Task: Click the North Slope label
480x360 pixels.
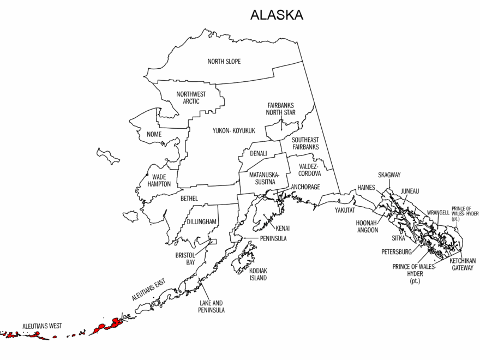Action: tap(224, 61)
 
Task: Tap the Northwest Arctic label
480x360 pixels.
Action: tap(191, 98)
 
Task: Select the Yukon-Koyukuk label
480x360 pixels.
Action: tap(234, 131)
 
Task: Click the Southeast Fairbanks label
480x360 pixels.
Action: tap(305, 143)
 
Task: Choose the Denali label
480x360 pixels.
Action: tap(259, 154)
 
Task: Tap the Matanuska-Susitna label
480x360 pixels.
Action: tap(264, 178)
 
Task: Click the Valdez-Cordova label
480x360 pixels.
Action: tap(309, 170)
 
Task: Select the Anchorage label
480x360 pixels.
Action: tap(305, 187)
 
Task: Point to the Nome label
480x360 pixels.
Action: tap(154, 135)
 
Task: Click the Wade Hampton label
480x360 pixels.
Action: tap(159, 181)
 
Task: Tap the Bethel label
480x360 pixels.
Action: tap(189, 199)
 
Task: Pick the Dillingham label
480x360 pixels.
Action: tap(202, 221)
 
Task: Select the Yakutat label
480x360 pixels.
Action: tap(345, 210)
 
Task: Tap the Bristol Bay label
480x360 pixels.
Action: tap(185, 259)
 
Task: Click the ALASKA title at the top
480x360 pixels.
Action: tap(276, 15)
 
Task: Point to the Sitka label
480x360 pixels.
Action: tap(399, 238)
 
